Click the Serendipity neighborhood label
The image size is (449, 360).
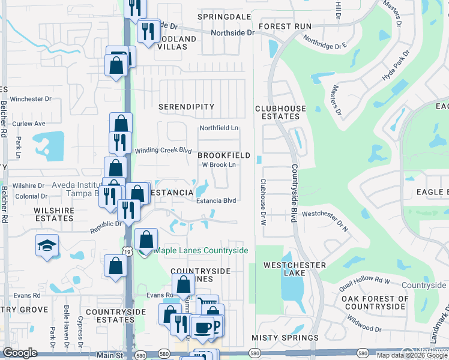[186, 107]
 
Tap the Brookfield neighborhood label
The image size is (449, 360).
[224, 155]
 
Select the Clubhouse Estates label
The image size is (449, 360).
[280, 113]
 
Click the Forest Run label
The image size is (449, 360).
[285, 26]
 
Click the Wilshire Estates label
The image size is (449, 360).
[53, 214]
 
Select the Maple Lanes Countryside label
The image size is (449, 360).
[201, 250]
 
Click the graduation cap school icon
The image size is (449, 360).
[46, 246]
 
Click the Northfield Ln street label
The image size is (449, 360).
[219, 128]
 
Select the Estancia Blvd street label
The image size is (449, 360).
[217, 201]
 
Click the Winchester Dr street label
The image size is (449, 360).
[31, 99]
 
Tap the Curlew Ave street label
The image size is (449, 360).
[29, 124]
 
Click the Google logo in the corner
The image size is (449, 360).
[20, 353]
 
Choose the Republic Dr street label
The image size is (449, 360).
[106, 227]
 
